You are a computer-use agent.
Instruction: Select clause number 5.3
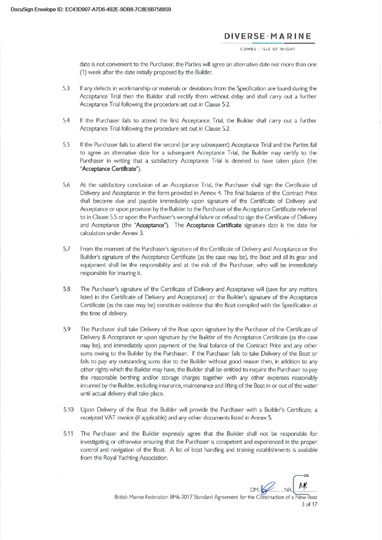(x=66, y=87)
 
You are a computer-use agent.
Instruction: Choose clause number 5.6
(x=66, y=185)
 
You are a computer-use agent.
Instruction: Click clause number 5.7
(x=66, y=249)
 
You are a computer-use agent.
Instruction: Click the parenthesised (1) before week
(x=84, y=72)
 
